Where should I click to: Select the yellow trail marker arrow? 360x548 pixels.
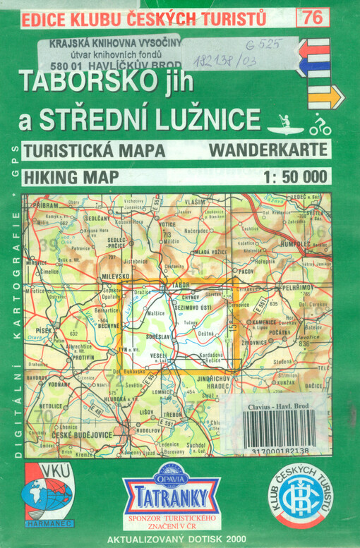pos(325,96)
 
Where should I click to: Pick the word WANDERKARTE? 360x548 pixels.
pos(268,150)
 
